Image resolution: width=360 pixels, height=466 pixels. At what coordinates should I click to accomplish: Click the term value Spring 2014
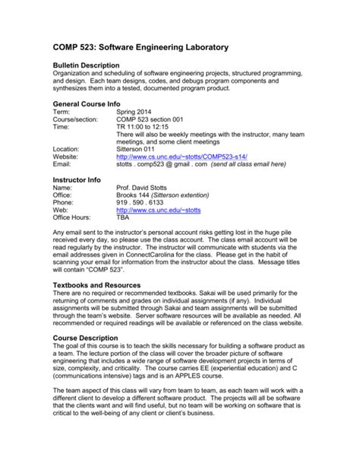(x=137, y=111)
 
